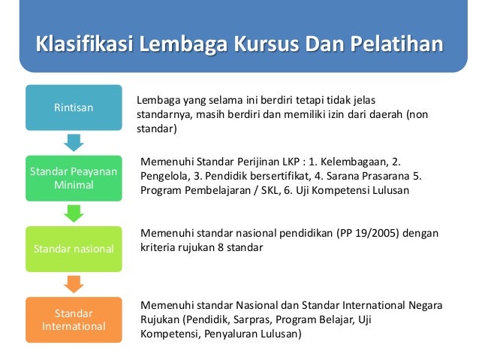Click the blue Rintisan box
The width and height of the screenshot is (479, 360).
point(74,107)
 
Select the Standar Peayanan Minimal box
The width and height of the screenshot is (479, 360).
point(74,178)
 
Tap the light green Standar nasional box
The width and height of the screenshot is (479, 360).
point(74,248)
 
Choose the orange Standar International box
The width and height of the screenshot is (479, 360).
point(74,319)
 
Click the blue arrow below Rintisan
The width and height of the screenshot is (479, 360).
point(74,142)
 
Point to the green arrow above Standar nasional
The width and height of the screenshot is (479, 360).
point(74,213)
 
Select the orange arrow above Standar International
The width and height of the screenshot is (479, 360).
point(74,284)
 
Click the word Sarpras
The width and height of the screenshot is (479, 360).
point(252,320)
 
